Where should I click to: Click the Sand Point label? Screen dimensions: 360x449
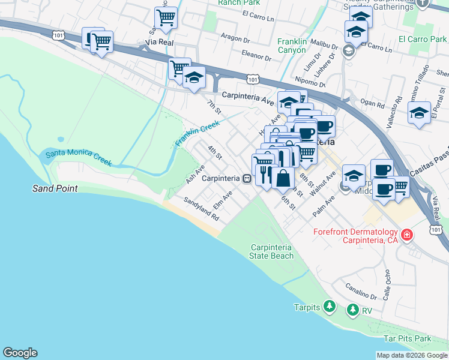(55, 188)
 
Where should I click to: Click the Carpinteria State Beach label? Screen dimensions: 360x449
(271, 251)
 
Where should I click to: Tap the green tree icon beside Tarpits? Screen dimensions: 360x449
(329, 307)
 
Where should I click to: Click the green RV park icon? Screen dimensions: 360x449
(352, 310)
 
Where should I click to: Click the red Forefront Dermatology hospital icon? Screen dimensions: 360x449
(407, 234)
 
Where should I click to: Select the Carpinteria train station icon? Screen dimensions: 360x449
(246, 178)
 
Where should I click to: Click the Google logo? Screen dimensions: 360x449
(20, 353)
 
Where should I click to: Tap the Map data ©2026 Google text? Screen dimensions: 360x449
(412, 355)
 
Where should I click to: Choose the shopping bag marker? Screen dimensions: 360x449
(283, 178)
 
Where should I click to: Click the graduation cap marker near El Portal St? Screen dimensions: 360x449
(418, 112)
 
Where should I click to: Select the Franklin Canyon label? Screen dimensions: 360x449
(292, 46)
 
